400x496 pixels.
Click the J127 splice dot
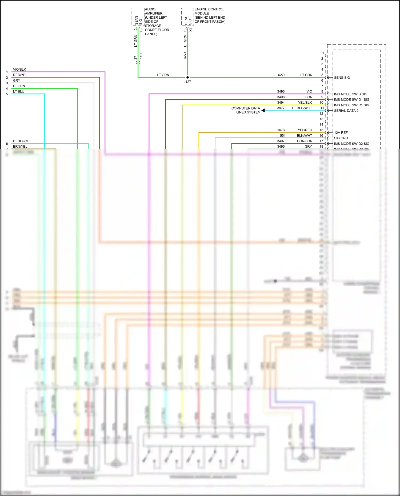click(x=187, y=77)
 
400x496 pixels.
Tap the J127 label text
click(x=187, y=82)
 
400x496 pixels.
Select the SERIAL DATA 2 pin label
click(x=346, y=111)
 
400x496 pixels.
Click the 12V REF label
click(x=341, y=133)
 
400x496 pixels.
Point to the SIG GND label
click(x=341, y=138)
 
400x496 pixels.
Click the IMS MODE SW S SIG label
click(x=350, y=94)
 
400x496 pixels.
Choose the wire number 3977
click(x=281, y=108)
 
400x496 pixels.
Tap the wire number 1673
click(x=281, y=130)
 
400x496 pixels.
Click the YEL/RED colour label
click(x=305, y=130)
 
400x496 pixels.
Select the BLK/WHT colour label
click(x=304, y=136)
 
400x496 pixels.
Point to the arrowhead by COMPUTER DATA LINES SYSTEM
click(x=263, y=110)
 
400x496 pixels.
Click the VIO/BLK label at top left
click(x=19, y=70)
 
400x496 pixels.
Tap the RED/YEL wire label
click(x=20, y=75)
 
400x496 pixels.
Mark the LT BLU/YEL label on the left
click(x=22, y=141)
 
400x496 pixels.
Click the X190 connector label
click(x=141, y=56)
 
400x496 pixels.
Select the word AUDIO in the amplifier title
click(x=150, y=9)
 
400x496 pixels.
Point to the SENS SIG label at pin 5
click(x=342, y=78)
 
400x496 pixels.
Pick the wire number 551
click(x=283, y=136)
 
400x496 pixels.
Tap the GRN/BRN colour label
click(x=305, y=141)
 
